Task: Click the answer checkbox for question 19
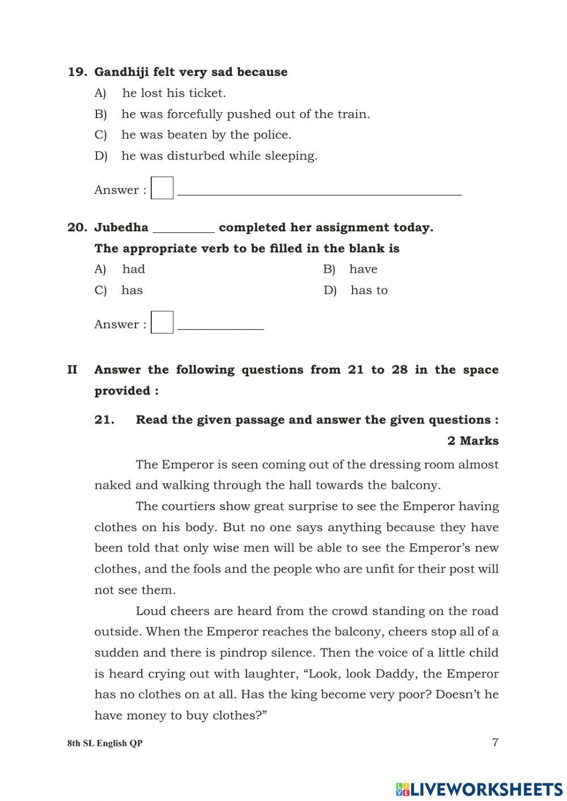tap(162, 188)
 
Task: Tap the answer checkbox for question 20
tap(162, 323)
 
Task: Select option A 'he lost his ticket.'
tap(174, 93)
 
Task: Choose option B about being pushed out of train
tap(245, 114)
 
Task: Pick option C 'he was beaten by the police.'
tap(206, 135)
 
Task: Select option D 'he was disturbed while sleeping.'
tap(219, 156)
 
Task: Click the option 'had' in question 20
tap(133, 269)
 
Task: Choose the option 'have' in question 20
tap(363, 269)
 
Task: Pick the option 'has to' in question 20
tap(369, 290)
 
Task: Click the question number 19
tap(77, 72)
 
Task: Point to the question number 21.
tap(104, 420)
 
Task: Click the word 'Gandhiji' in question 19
tap(118, 72)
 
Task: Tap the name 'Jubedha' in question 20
tap(121, 227)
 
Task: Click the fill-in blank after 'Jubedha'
tap(184, 229)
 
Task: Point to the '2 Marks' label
tap(472, 441)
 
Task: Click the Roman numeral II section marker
tap(73, 370)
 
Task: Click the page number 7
tap(495, 742)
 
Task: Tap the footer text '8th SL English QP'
tap(105, 743)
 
